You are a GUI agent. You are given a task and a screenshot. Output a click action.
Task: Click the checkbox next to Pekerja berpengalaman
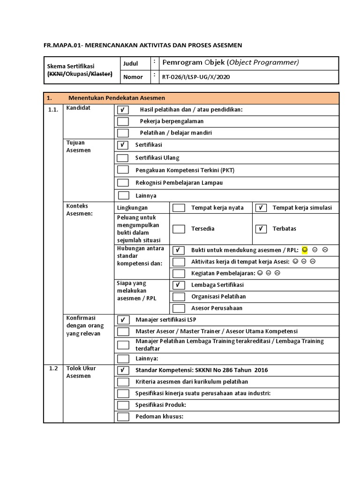click(x=123, y=121)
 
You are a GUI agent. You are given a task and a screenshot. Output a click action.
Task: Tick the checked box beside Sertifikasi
click(x=123, y=145)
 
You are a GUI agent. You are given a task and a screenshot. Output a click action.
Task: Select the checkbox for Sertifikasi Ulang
click(x=123, y=158)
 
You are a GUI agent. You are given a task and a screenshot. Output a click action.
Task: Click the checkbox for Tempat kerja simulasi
click(x=261, y=208)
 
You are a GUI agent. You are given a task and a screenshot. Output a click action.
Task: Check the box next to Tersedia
click(x=179, y=229)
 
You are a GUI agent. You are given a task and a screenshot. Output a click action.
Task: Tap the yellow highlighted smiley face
click(x=305, y=249)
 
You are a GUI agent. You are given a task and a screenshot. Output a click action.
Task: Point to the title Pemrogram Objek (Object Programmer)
click(x=230, y=62)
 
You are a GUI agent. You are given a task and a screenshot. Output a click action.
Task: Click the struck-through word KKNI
click(x=56, y=74)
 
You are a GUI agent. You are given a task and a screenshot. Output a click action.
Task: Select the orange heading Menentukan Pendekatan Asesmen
click(x=117, y=98)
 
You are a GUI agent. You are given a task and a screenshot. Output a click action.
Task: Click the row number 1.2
click(x=53, y=369)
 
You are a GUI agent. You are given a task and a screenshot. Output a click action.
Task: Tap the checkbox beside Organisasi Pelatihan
click(x=179, y=297)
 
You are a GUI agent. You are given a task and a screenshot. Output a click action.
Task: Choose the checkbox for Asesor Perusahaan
click(x=179, y=308)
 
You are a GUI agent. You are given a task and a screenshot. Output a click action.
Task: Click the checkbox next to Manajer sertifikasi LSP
click(x=123, y=320)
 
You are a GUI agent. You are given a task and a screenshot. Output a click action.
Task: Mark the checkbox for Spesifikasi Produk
click(x=123, y=405)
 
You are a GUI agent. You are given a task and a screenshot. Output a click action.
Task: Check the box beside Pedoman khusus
click(x=123, y=417)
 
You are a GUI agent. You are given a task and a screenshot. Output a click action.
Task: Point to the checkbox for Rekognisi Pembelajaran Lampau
click(x=123, y=183)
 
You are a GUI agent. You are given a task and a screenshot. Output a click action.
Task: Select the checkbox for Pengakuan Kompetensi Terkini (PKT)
click(x=123, y=170)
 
